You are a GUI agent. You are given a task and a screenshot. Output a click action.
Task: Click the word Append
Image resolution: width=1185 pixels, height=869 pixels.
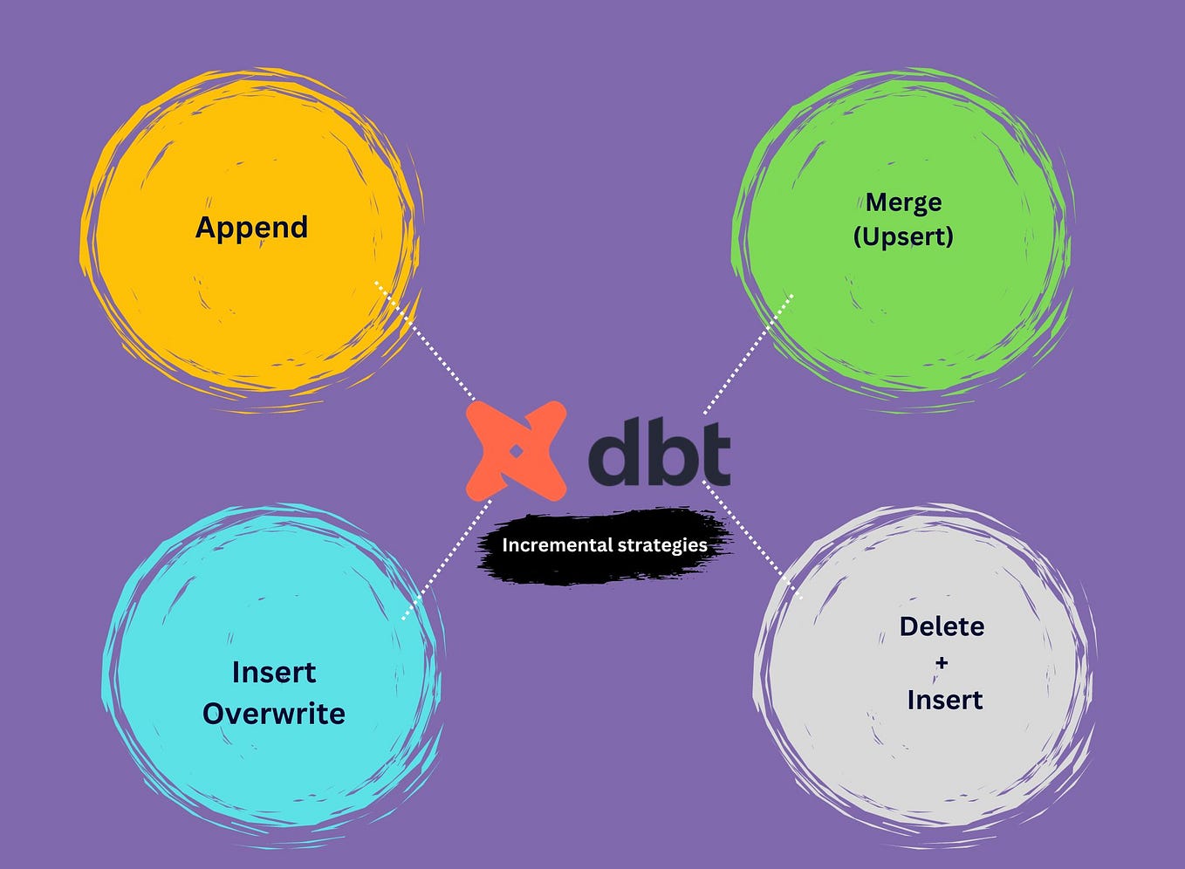coord(251,228)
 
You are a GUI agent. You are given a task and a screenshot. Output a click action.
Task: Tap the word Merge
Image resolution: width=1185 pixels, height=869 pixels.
coord(903,203)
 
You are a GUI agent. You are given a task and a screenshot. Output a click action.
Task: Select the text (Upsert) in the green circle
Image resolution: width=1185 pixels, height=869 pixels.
coord(903,236)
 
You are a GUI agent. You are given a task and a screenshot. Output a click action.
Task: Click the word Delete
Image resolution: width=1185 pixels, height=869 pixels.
coord(942,626)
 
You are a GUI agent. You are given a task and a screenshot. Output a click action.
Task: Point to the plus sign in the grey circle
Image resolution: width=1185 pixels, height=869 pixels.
coord(942,663)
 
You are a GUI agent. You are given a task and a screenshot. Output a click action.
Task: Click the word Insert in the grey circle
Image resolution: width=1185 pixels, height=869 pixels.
coord(944,700)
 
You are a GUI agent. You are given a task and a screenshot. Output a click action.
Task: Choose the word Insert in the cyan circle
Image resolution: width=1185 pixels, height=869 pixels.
coord(274,673)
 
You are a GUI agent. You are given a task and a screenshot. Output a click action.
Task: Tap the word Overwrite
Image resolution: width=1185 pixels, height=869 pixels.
coord(274,714)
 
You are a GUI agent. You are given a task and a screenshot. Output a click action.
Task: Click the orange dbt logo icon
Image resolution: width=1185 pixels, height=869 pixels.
coord(516,451)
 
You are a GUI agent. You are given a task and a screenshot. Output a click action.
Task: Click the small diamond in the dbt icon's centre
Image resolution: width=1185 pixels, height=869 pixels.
coord(516,451)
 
